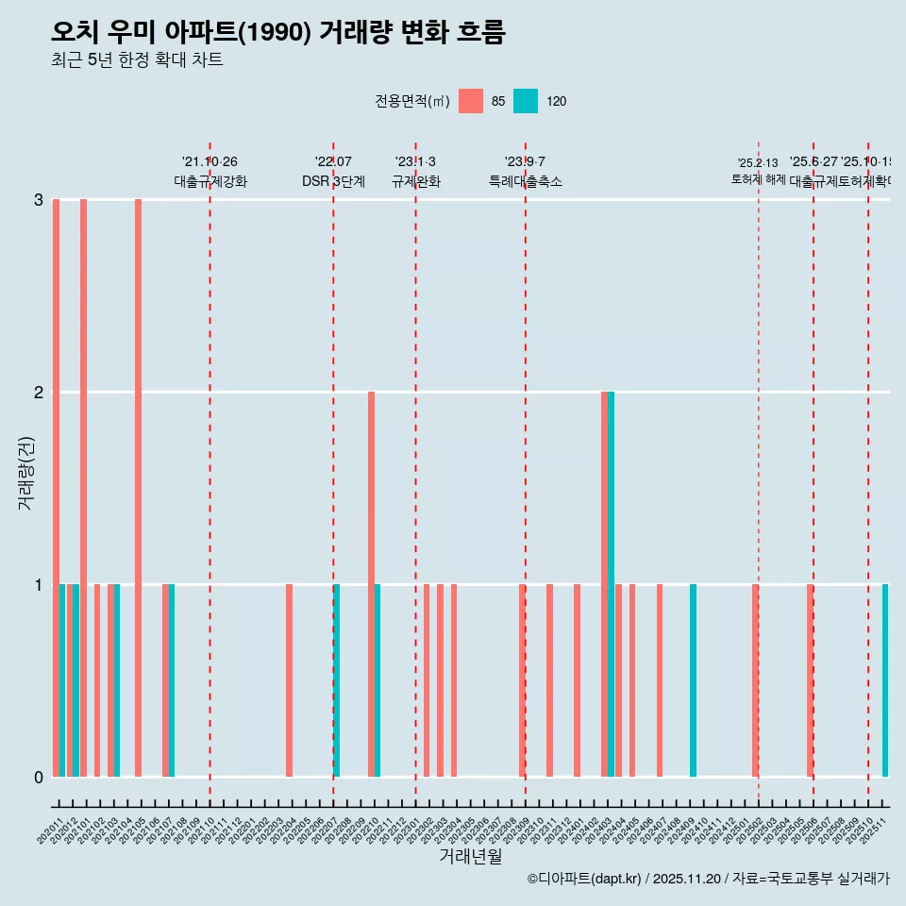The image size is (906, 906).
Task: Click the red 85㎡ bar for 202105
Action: [x=138, y=488]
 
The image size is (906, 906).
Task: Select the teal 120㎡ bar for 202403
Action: [x=612, y=584]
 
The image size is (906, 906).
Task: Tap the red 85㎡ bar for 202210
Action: [x=371, y=584]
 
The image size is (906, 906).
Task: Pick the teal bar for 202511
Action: [x=885, y=680]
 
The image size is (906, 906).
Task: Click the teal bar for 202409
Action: [x=693, y=680]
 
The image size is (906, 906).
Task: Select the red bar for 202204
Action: [x=289, y=680]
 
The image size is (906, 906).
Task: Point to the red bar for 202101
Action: [x=83, y=488]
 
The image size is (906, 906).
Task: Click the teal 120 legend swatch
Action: [x=526, y=101]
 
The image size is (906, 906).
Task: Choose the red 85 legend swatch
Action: [x=471, y=101]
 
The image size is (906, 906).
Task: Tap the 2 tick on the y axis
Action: [x=39, y=392]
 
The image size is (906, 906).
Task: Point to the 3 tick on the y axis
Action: [x=39, y=199]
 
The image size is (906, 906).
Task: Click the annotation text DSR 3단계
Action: [x=333, y=181]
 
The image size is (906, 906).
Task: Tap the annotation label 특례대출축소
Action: [x=525, y=181]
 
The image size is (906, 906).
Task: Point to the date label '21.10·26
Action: [x=210, y=162]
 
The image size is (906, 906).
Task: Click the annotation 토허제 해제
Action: [x=758, y=178]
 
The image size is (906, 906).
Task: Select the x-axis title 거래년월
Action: [x=470, y=856]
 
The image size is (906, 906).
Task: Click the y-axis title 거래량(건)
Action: [x=25, y=472]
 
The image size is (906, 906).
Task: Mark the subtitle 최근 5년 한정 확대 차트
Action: [x=137, y=60]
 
